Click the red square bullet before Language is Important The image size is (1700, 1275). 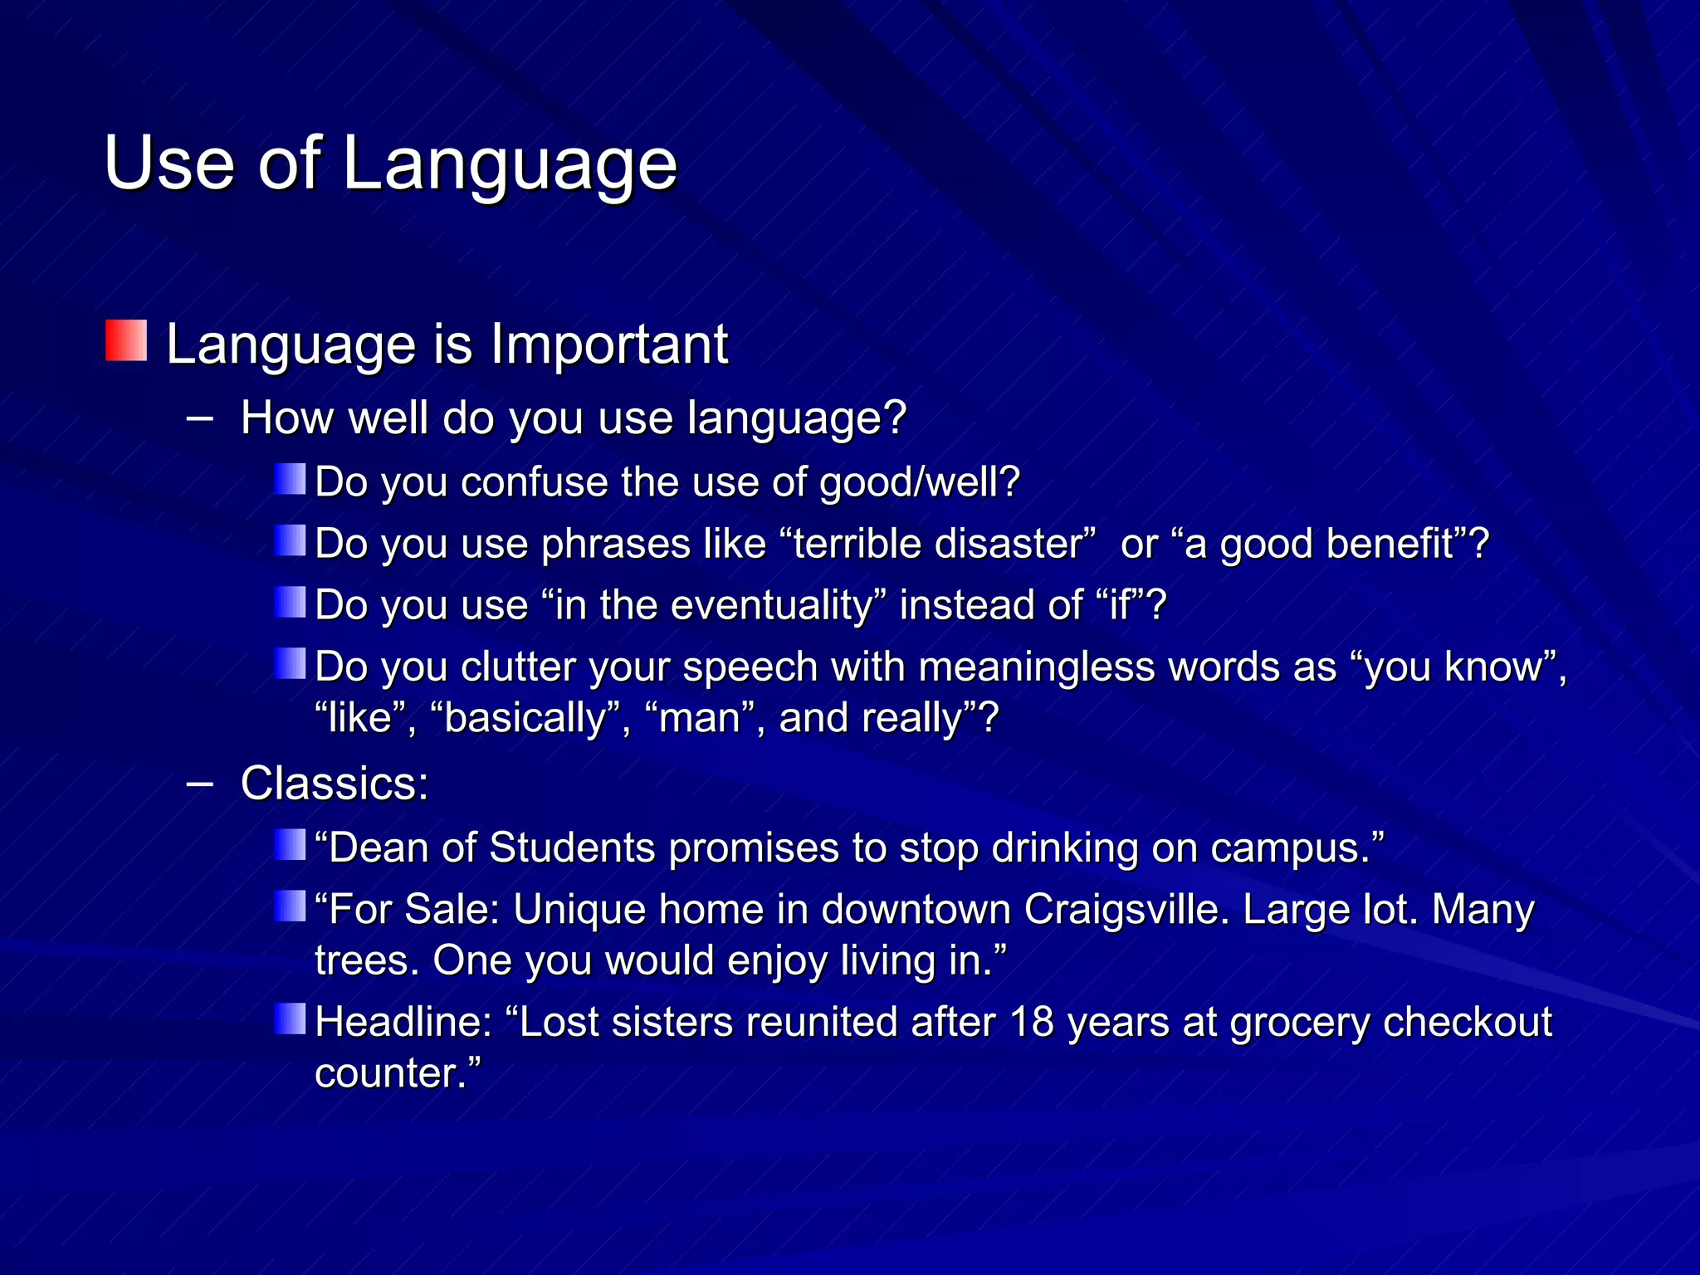click(x=126, y=341)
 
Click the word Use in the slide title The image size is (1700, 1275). click(x=169, y=163)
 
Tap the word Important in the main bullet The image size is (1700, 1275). click(x=608, y=344)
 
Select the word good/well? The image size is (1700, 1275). click(x=920, y=482)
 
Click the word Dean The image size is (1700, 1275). click(x=378, y=848)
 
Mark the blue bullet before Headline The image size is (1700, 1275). click(x=290, y=1019)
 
